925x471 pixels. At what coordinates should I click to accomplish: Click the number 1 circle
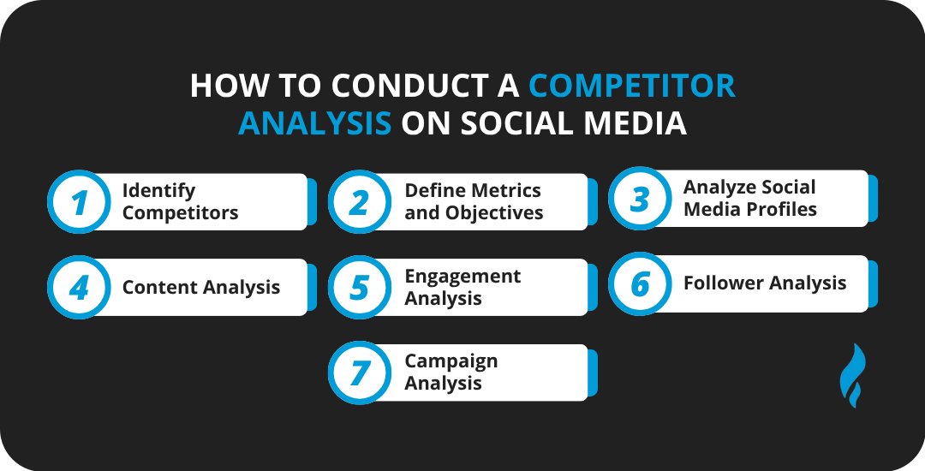coord(79,202)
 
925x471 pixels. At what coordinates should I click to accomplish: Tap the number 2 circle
coord(360,202)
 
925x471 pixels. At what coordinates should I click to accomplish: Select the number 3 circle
coord(640,199)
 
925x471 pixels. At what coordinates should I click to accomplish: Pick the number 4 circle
coord(79,288)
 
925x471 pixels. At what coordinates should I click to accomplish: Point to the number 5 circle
coord(360,288)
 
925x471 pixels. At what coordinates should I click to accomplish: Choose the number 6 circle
coord(640,284)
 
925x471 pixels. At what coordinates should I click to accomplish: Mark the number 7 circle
coord(360,373)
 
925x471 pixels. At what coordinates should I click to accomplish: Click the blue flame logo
coord(852,375)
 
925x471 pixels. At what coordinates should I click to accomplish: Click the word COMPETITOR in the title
coord(632,86)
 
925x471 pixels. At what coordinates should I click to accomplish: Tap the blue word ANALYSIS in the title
coord(314,123)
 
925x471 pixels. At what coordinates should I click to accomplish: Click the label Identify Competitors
coord(180,201)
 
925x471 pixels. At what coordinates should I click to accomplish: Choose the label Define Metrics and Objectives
coord(474,201)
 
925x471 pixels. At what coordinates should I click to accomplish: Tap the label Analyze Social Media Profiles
coord(749,198)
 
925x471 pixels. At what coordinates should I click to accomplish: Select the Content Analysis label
coord(200,288)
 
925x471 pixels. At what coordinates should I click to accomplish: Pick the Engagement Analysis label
coord(462,287)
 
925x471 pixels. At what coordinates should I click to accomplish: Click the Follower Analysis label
coord(764,283)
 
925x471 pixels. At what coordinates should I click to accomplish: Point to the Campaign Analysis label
coord(451,373)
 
